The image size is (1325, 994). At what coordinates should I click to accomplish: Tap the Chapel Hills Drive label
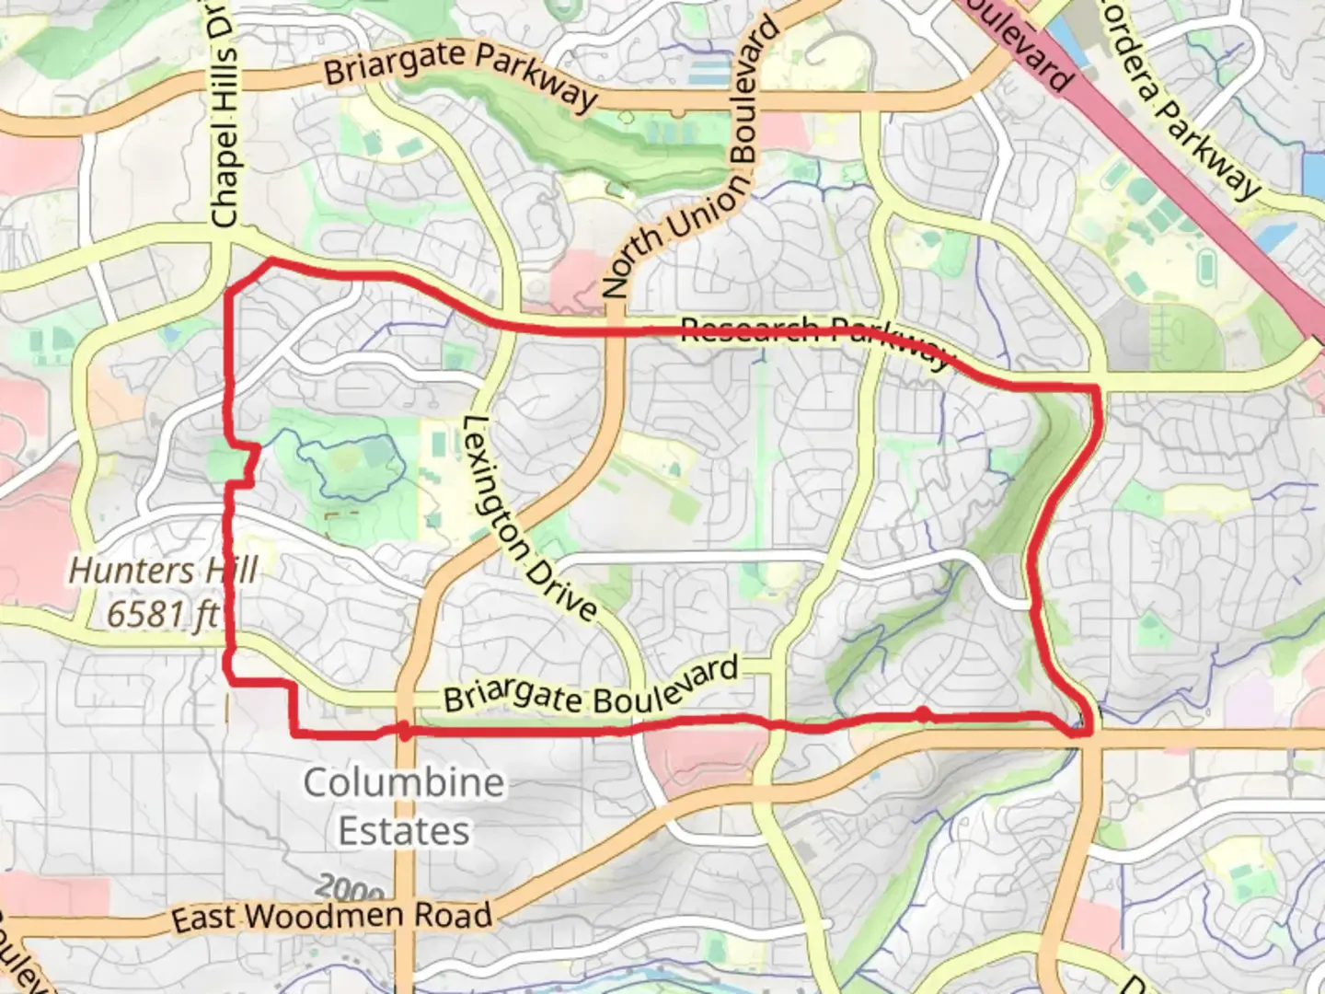point(224,115)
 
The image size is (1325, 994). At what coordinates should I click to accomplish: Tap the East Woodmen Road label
point(331,917)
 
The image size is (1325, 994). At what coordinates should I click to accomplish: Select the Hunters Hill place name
point(163,571)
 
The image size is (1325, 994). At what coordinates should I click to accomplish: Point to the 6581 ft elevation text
point(163,613)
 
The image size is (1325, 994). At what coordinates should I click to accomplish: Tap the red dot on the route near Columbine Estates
point(403,731)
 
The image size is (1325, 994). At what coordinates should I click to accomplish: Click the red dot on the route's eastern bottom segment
point(922,714)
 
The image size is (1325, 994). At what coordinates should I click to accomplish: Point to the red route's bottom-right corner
point(1088,731)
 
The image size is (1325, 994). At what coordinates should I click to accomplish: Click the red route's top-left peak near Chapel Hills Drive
point(270,262)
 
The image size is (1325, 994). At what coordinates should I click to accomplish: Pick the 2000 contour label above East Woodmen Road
point(350,889)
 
